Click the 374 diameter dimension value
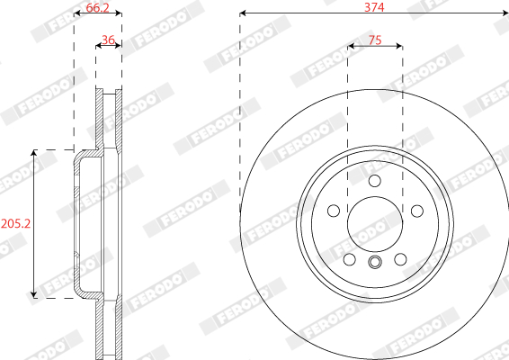[x=374, y=7]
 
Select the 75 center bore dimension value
[x=375, y=40]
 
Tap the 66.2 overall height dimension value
[x=98, y=7]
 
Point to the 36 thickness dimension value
[x=108, y=40]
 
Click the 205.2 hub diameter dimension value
[x=15, y=223]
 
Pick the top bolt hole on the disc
[x=375, y=181]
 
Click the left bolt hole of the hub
[x=334, y=211]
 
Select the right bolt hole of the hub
[x=416, y=211]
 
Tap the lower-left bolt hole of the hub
[x=349, y=259]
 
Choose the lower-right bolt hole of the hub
[x=400, y=259]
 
